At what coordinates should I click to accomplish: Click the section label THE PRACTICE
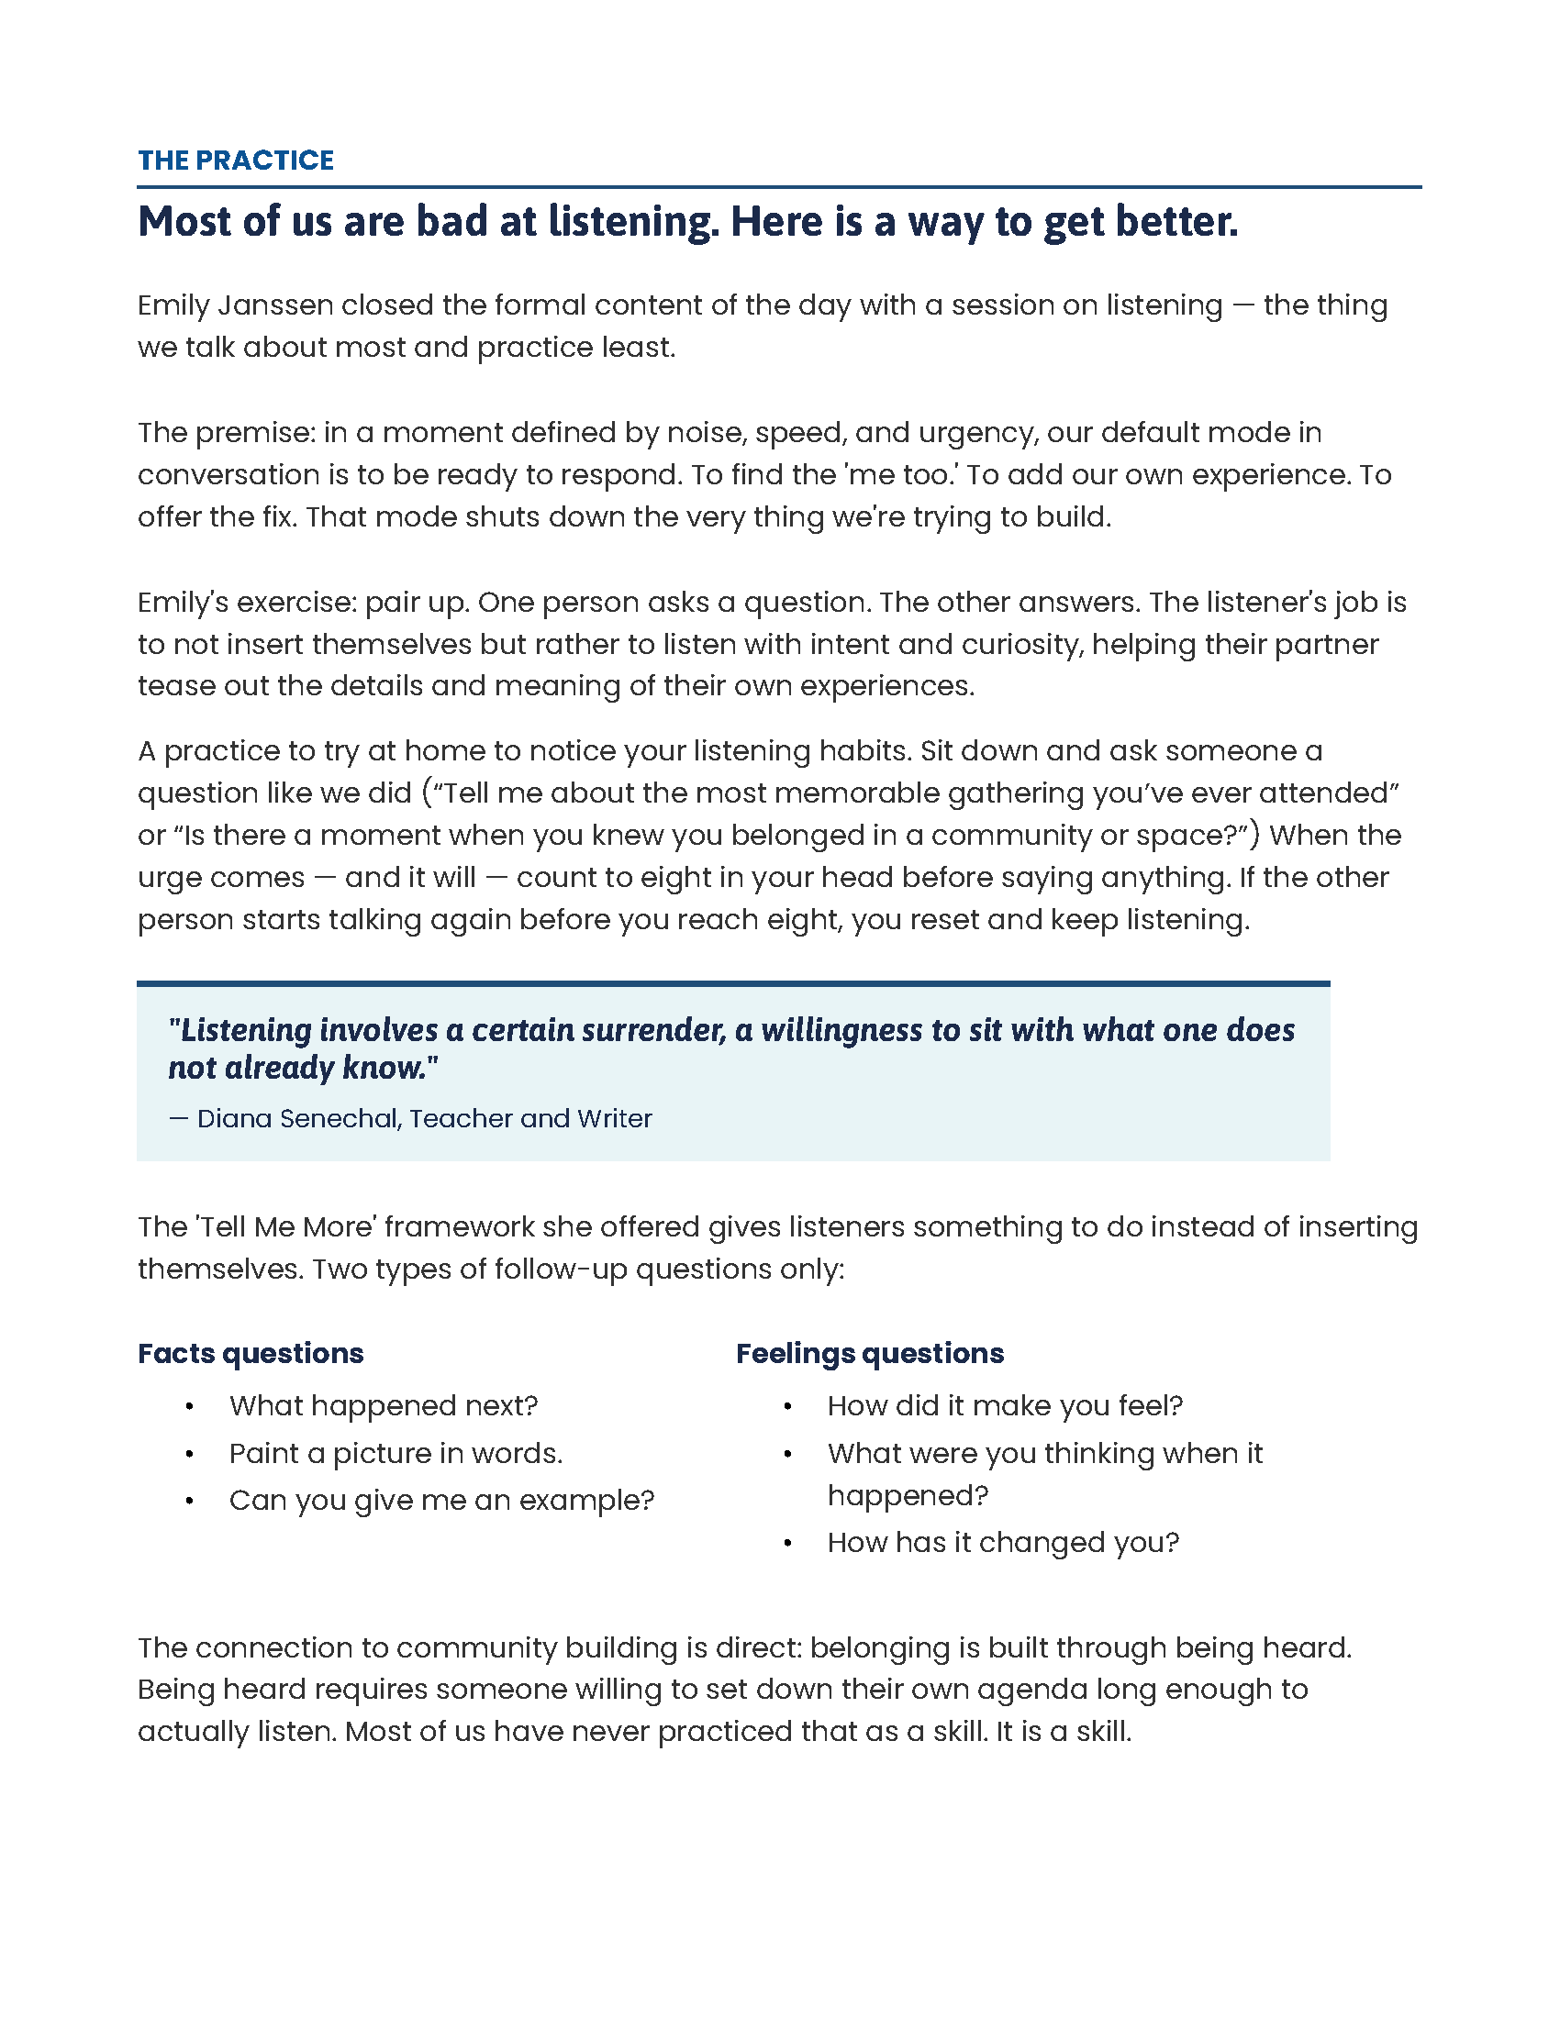tap(236, 161)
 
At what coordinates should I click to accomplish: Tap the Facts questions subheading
tap(251, 1354)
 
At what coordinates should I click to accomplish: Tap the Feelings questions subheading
tap(869, 1354)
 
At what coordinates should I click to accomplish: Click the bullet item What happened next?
tap(383, 1406)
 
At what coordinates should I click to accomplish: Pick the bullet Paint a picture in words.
tap(396, 1455)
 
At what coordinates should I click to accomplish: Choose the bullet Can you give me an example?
tap(440, 1501)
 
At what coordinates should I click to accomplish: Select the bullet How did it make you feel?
tap(1005, 1406)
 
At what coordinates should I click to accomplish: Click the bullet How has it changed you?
tap(1003, 1543)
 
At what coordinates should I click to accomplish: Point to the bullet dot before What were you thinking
tap(787, 1455)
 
